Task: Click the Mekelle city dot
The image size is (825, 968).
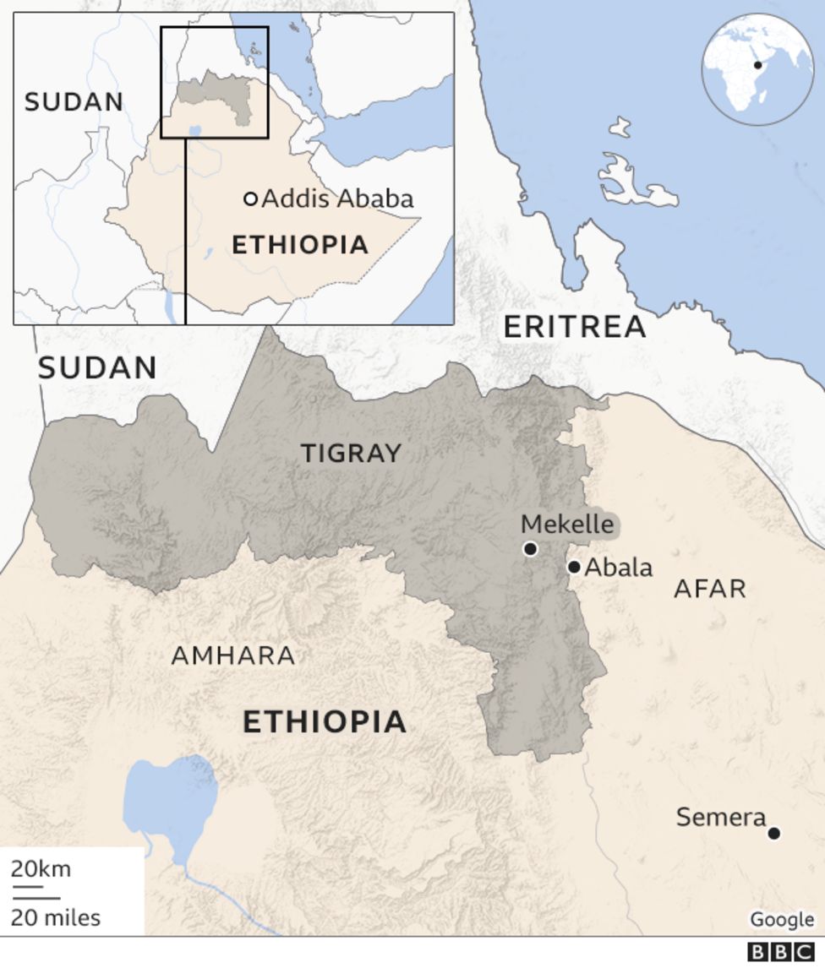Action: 530,549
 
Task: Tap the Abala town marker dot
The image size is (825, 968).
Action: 574,567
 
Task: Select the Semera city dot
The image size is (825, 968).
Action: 773,834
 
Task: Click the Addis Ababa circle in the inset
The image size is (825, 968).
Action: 250,199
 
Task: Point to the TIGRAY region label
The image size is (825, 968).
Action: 351,454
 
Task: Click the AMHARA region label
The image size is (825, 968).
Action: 233,655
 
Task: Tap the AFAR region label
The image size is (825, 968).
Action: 710,589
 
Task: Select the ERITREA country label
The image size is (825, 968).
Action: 575,327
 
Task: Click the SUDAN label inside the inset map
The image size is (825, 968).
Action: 74,102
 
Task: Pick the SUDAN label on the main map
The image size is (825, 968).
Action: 97,367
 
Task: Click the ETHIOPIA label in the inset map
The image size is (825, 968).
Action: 300,245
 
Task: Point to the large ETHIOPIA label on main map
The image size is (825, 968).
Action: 325,722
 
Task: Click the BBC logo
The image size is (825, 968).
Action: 781,953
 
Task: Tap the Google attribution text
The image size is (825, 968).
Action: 782,920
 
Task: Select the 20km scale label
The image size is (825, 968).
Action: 41,869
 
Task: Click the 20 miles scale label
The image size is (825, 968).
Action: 56,917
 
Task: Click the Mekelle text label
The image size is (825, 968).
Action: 566,524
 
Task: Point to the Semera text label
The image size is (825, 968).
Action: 721,818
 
